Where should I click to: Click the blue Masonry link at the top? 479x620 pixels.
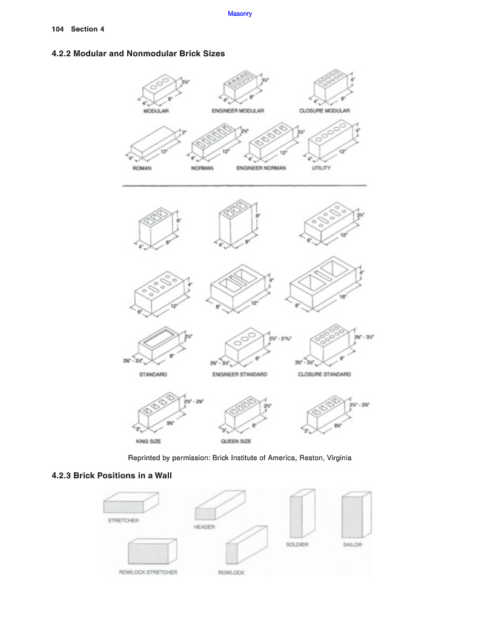pos(239,14)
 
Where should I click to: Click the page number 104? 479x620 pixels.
pos(58,29)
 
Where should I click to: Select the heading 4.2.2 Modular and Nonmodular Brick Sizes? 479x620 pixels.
pos(138,54)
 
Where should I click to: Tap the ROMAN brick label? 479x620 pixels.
pos(142,168)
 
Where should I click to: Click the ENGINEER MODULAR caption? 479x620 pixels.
pos(238,111)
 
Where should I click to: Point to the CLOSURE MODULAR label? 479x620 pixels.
pos(324,111)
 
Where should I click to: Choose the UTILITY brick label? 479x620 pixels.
pos(321,168)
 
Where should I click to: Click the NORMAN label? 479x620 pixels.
pos(202,168)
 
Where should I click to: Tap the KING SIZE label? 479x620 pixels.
pos(148,441)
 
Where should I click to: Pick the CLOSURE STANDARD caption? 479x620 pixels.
pos(324,374)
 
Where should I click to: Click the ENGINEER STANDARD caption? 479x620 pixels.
pos(240,374)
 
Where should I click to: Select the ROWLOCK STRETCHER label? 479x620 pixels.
pos(148,572)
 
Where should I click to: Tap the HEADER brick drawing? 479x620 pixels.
pos(219,505)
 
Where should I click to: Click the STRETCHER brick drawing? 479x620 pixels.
pos(130,502)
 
